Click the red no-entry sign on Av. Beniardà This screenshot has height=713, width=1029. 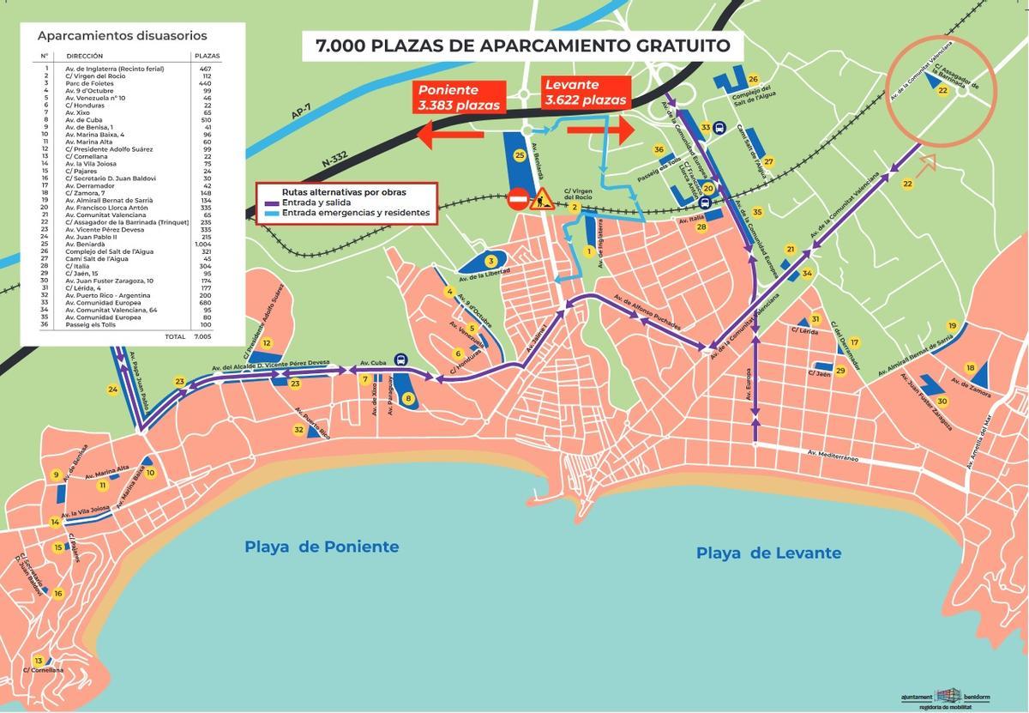pos(518,200)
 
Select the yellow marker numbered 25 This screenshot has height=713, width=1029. pos(519,155)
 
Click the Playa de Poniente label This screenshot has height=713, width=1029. pos(322,547)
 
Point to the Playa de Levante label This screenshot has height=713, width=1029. pos(768,553)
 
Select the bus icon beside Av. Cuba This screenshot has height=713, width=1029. pos(400,360)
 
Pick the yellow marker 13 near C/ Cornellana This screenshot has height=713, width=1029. pos(38,660)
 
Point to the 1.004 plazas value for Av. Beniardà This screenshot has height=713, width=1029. pos(203,245)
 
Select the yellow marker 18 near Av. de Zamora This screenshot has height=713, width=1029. pos(970,368)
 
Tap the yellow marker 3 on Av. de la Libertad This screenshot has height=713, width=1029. pos(490,261)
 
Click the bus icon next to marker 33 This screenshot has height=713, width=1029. pos(720,128)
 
